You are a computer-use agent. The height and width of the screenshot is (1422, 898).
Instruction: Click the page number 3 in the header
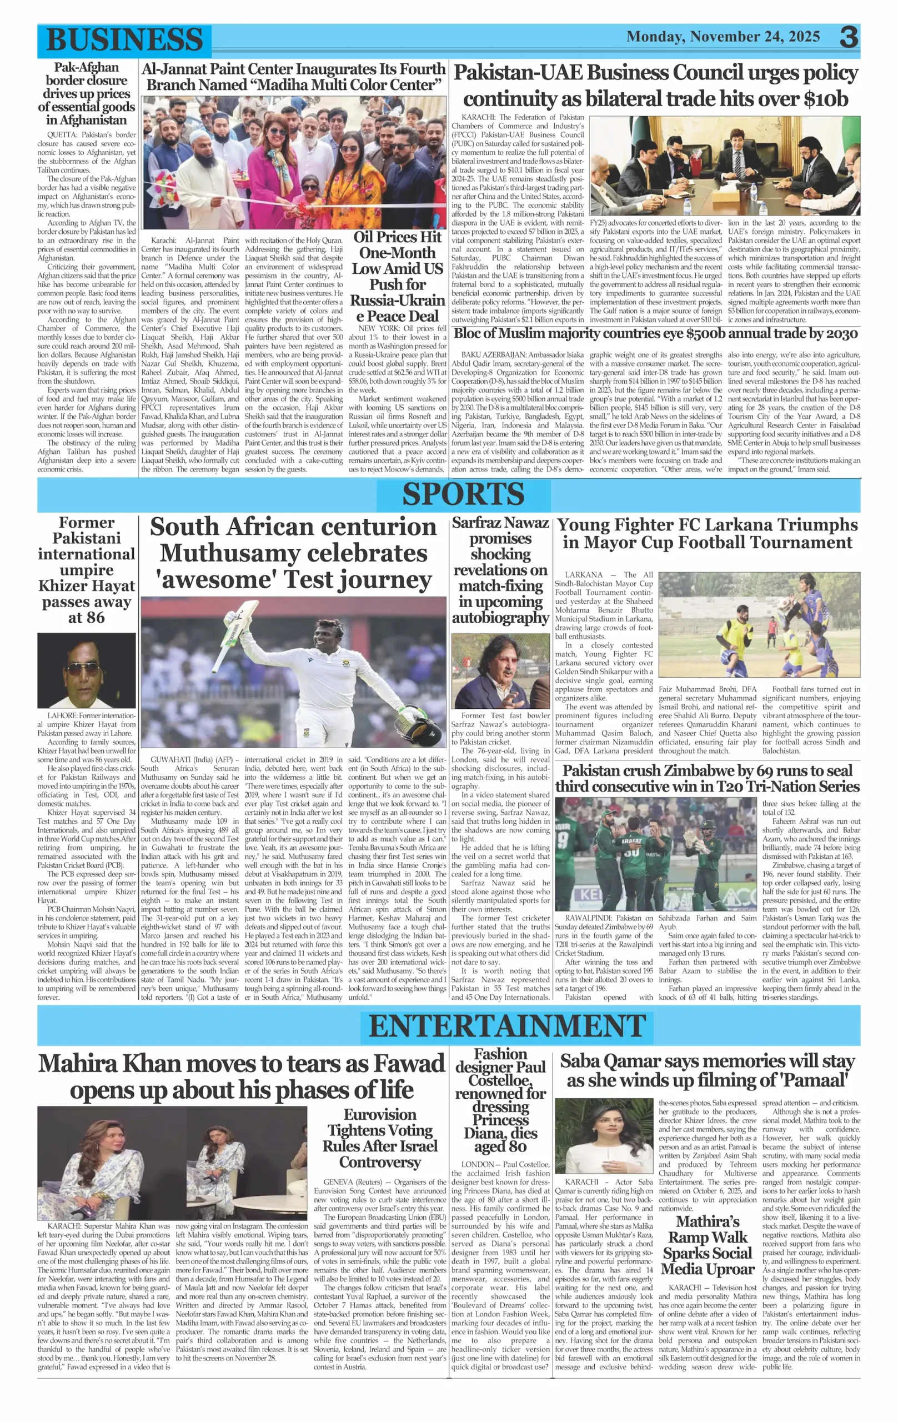[849, 37]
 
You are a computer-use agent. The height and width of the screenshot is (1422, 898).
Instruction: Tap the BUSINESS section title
[124, 39]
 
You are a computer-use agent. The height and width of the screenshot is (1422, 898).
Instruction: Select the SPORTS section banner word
[463, 494]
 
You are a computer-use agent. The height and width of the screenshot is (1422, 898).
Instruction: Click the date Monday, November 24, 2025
[723, 37]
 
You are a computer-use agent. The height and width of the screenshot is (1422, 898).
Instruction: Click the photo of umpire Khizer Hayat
[86, 670]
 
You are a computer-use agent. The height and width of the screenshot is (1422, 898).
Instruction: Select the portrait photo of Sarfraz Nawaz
[500, 671]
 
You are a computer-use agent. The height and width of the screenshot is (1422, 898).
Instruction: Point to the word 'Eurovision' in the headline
[380, 1114]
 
